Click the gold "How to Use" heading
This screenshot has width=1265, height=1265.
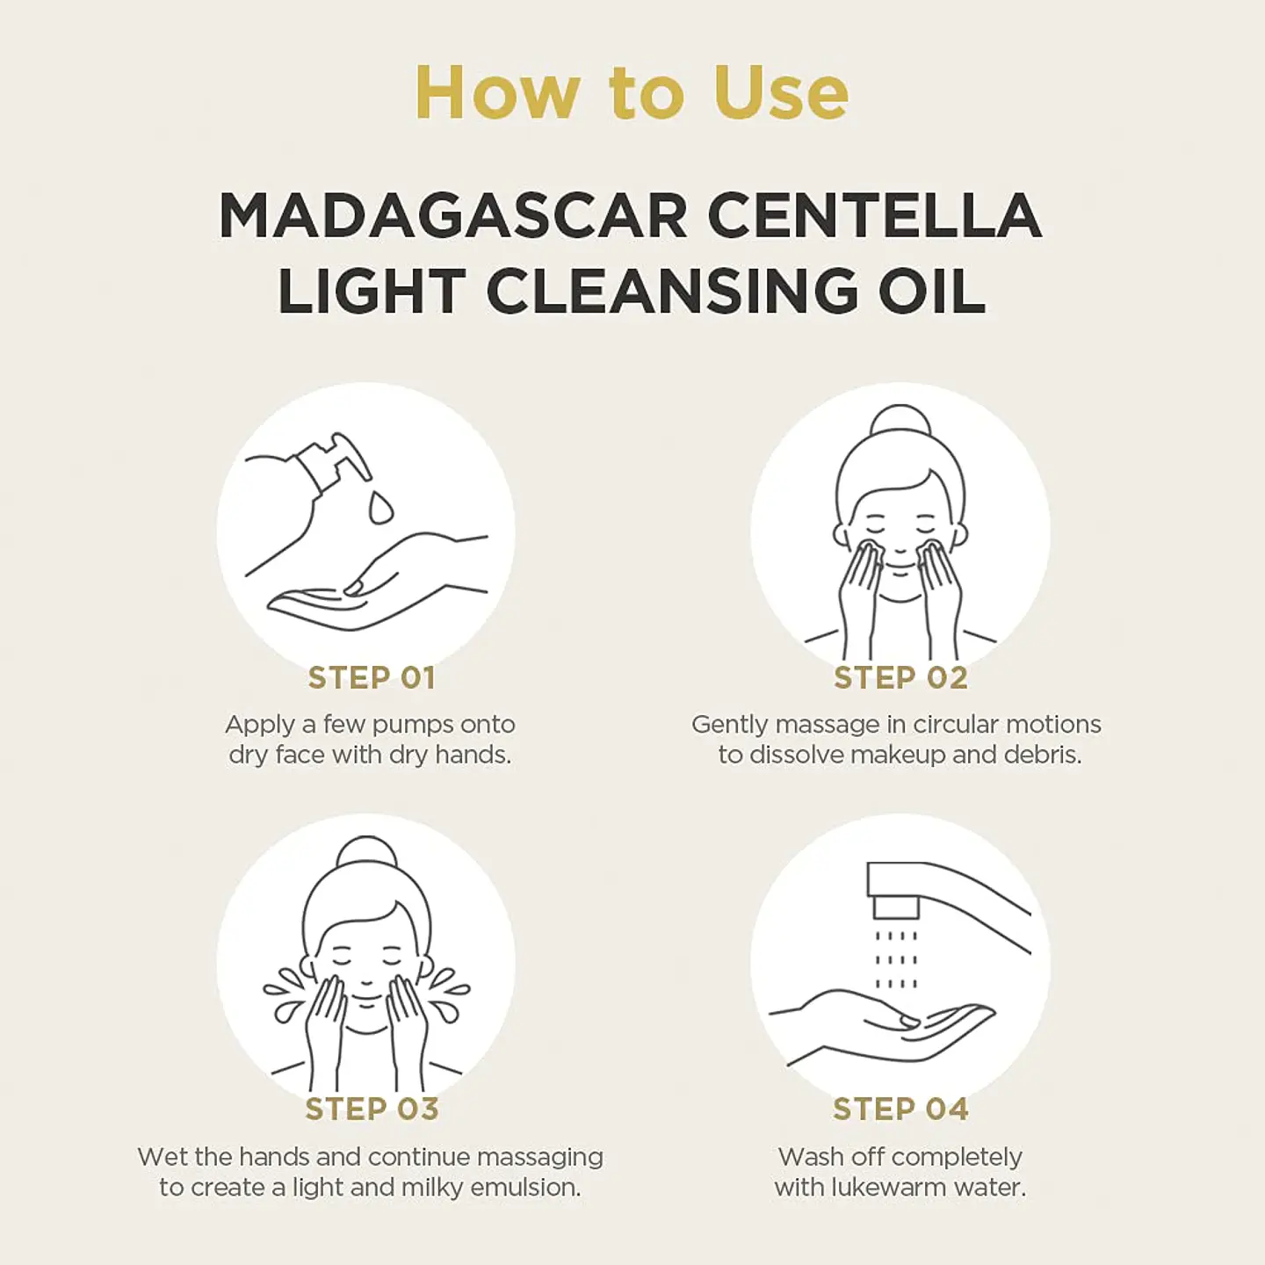coord(632,92)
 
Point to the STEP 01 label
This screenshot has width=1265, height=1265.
coord(371,677)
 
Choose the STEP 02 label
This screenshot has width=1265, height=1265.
coord(900,677)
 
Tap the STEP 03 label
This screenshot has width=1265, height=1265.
coord(371,1109)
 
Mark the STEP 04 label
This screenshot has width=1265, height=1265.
coord(900,1109)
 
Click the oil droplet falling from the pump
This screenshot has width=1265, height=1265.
coord(380,507)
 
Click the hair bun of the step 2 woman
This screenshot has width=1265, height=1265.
coord(900,422)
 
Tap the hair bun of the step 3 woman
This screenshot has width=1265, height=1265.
coord(367,854)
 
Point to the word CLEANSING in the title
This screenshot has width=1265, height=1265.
coord(672,292)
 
